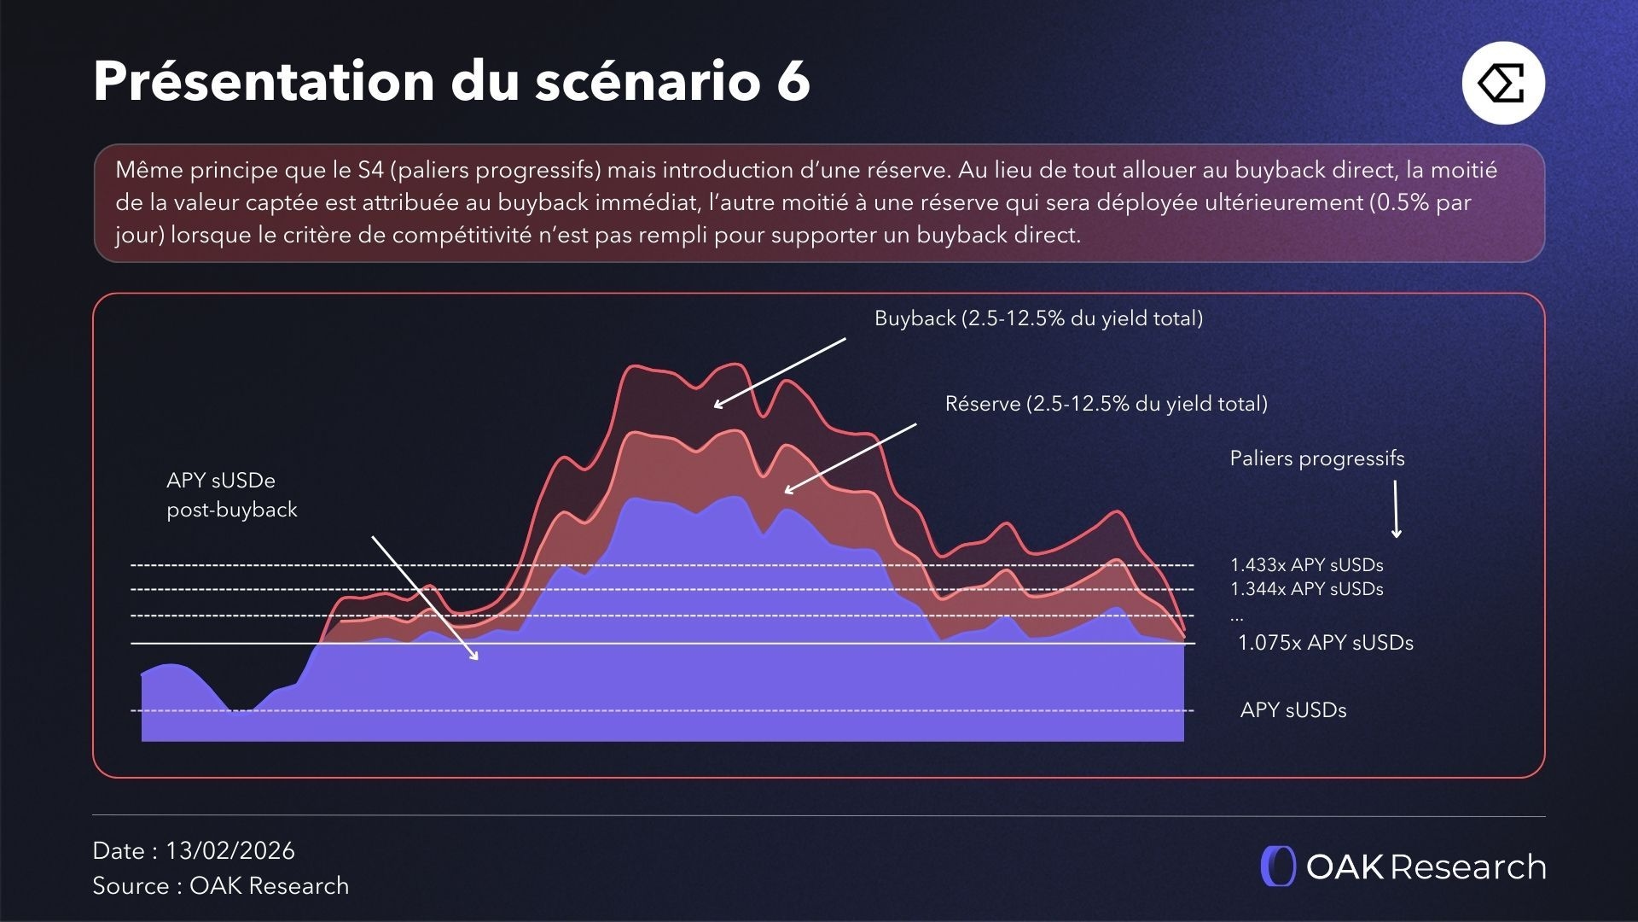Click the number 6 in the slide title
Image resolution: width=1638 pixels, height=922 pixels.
point(793,82)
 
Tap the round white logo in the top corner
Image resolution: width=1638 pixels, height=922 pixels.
point(1503,83)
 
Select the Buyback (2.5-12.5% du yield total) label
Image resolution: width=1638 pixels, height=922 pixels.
point(1038,318)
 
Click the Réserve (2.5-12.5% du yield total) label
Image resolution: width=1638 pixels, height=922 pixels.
point(1106,404)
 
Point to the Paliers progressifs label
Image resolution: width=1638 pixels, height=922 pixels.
point(1316,458)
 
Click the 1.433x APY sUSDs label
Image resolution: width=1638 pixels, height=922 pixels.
point(1306,565)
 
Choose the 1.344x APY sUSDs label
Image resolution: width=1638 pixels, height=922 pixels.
point(1306,589)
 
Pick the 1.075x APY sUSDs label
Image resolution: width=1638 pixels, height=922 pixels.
point(1325,643)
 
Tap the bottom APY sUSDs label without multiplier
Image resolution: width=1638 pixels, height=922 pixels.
point(1292,710)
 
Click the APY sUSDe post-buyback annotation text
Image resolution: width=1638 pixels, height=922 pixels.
point(231,495)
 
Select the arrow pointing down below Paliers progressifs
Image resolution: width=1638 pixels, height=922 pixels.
point(1396,509)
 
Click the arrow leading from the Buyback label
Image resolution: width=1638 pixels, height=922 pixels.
point(780,372)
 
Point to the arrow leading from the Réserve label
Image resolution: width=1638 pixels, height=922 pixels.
point(850,458)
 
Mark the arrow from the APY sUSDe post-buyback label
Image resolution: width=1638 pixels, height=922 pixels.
point(424,598)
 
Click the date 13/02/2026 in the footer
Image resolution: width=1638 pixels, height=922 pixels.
point(229,851)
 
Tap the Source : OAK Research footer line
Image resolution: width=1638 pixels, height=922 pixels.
point(220,886)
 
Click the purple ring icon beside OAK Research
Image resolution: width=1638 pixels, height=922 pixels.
point(1278,867)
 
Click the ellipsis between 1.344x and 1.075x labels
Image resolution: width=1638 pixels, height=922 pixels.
point(1237,616)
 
